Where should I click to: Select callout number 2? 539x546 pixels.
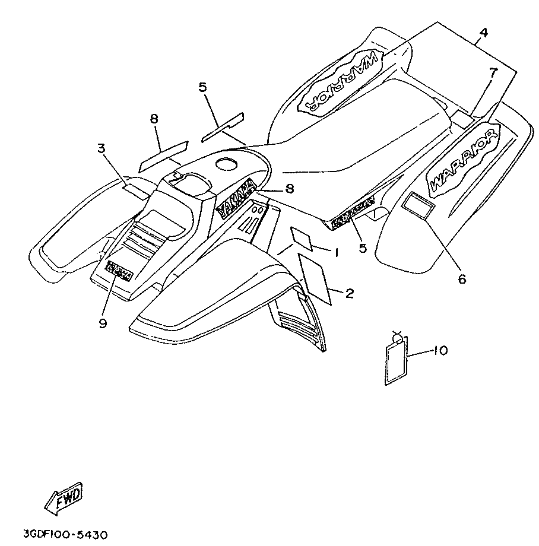point(349,293)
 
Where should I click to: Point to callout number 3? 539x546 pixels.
point(102,148)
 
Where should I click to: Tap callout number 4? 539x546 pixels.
point(484,33)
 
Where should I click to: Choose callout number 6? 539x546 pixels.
point(461,277)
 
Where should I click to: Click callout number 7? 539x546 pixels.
point(493,72)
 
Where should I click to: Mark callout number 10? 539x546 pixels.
point(439,351)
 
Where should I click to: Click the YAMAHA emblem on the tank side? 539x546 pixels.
point(236,198)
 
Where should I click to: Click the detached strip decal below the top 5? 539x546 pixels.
point(223,128)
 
